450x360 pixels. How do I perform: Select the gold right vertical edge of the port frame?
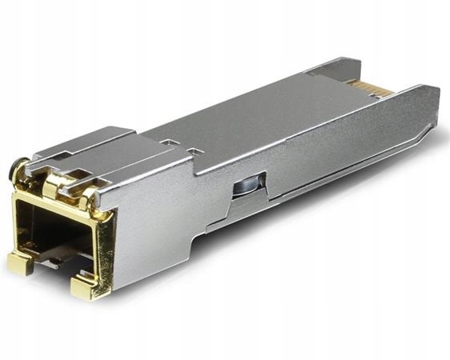(x=105, y=244)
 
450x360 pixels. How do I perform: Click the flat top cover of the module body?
(x=264, y=120)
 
